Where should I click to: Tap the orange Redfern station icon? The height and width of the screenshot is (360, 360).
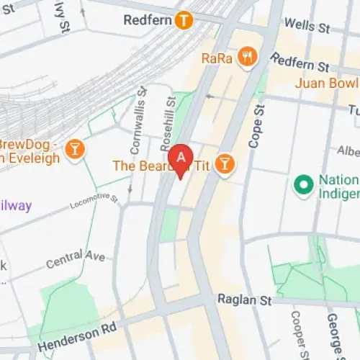coord(184,21)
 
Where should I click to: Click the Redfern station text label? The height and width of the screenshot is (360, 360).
coord(147,21)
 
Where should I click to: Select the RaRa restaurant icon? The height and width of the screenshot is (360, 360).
coord(248,57)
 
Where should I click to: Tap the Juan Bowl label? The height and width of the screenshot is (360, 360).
coord(327,84)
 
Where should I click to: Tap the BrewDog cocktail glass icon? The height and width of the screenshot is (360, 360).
coord(73,149)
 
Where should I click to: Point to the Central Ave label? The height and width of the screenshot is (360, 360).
coord(76,257)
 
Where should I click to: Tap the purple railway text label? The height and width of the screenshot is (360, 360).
coord(16,206)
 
